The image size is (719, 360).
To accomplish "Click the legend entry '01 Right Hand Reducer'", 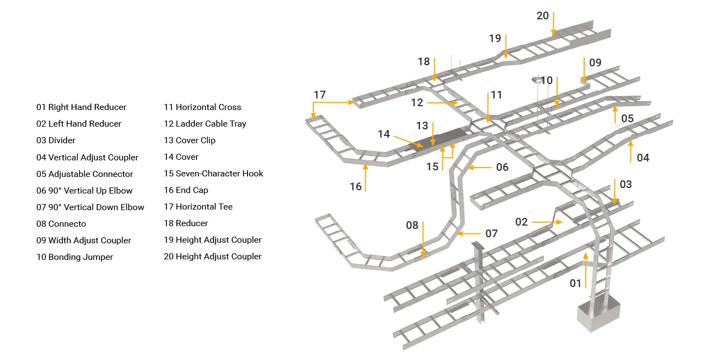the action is (81, 107).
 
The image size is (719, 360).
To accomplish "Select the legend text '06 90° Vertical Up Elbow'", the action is (85, 190).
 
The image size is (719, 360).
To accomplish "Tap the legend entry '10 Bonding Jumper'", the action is (75, 257).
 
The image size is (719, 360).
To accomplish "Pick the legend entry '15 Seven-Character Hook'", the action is (213, 174).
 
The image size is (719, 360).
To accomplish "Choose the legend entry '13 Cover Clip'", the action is (190, 140).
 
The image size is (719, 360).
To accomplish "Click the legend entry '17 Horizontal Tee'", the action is (198, 206).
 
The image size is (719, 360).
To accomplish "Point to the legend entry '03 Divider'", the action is (56, 140).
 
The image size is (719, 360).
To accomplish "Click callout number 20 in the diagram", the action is (543, 15).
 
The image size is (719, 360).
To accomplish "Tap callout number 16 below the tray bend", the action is (356, 186).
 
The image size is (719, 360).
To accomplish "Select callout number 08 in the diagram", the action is (412, 225).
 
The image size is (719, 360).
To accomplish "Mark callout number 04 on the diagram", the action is (643, 158).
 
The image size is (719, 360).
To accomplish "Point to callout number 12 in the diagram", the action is (417, 102).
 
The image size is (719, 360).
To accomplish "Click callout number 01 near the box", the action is (575, 283).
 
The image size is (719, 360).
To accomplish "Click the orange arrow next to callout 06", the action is (480, 168).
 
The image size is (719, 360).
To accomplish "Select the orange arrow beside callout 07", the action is (469, 233).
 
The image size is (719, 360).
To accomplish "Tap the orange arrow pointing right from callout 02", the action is (547, 222).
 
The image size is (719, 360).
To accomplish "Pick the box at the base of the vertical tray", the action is (599, 313).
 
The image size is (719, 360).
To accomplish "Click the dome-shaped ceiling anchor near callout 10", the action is (537, 80).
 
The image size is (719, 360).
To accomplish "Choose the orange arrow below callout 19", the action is (506, 46).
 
